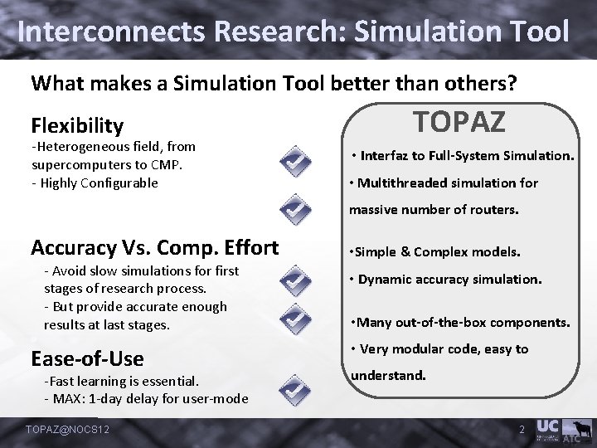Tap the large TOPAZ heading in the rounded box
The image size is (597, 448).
pos(459,122)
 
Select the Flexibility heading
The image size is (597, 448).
pos(77,126)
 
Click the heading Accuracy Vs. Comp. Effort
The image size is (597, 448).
pos(154,247)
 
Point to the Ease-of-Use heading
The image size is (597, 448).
pos(87,358)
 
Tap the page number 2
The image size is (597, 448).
pos(522,429)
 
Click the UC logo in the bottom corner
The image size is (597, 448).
pos(547,426)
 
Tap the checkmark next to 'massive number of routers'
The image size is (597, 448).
pos(294,211)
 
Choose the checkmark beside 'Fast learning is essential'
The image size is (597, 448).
pos(294,389)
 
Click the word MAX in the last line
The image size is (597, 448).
pos(68,398)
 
